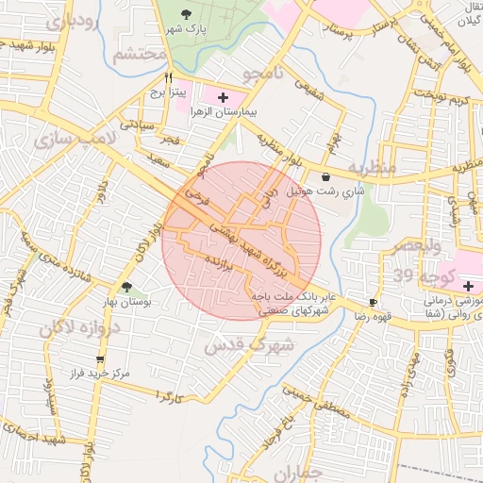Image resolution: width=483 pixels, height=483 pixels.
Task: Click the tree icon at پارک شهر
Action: point(185,14)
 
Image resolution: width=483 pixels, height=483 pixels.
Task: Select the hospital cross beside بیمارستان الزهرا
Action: point(223,97)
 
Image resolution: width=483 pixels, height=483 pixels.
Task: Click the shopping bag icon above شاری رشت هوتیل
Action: point(325,176)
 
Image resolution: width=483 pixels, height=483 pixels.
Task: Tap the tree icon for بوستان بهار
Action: point(127,287)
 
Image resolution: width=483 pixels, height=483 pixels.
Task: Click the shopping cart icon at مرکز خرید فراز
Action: point(101,358)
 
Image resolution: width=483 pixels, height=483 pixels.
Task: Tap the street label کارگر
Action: point(169,397)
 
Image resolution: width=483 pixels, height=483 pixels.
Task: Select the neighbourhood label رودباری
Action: point(76,25)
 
